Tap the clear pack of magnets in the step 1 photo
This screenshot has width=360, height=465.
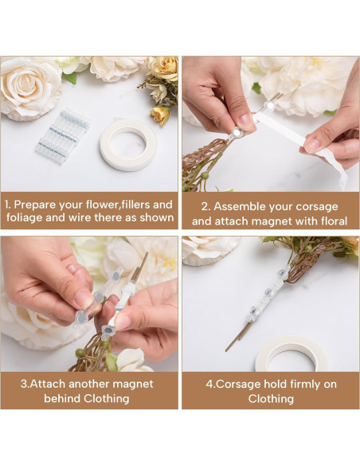pyautogui.click(x=62, y=135)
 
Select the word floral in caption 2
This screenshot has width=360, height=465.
pyautogui.click(x=328, y=221)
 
